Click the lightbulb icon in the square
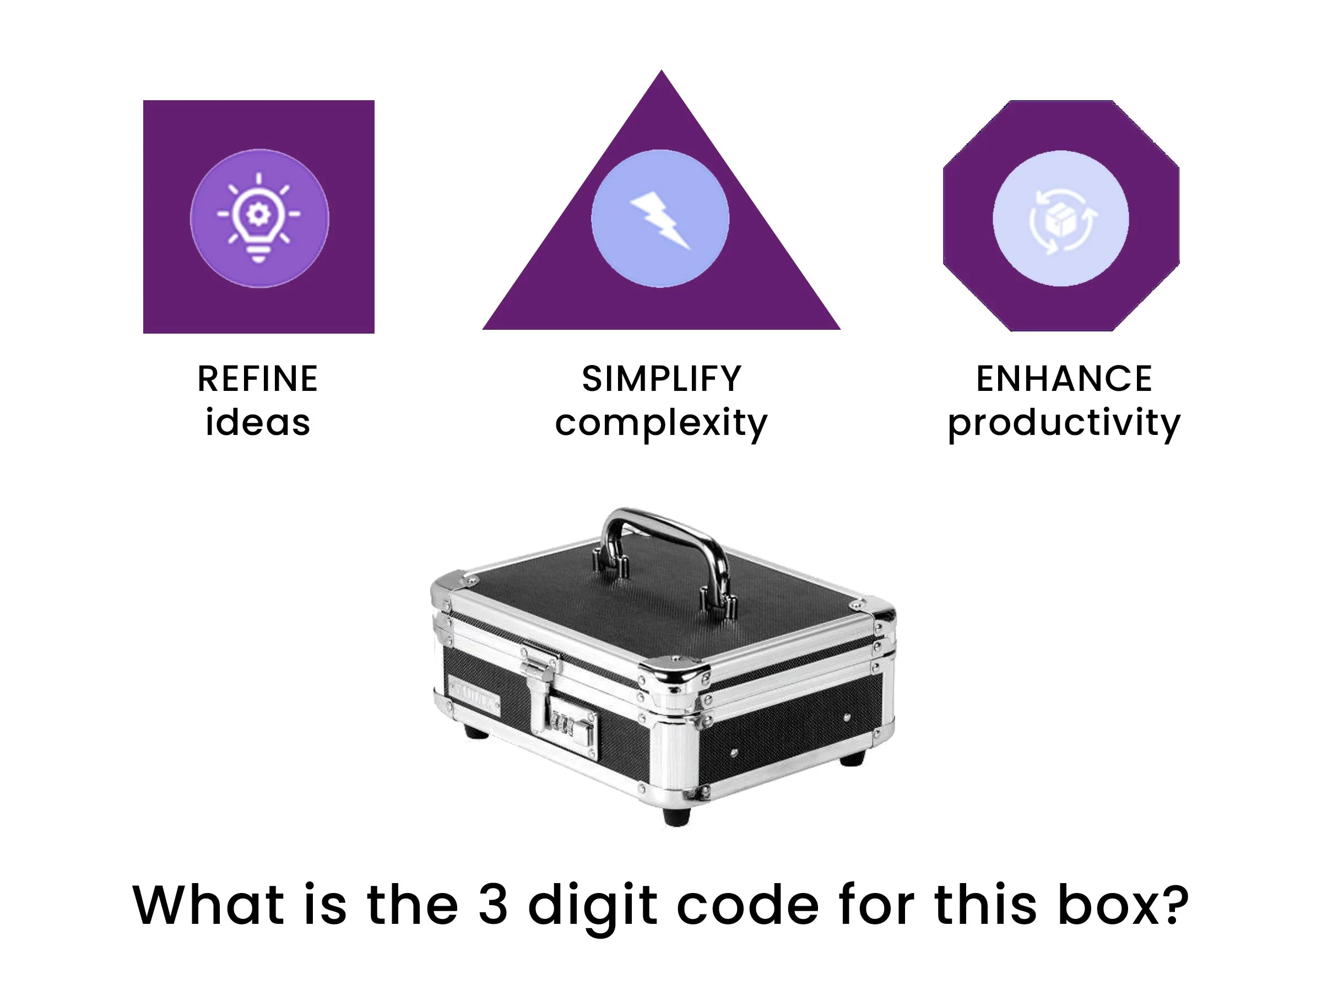click(259, 218)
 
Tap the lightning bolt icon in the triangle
click(660, 219)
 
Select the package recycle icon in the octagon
click(1061, 220)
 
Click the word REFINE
click(258, 379)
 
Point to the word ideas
click(258, 423)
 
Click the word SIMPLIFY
click(662, 379)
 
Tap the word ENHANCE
click(1064, 379)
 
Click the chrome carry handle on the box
click(663, 532)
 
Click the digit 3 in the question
click(493, 905)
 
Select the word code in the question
click(747, 905)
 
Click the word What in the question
click(208, 905)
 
